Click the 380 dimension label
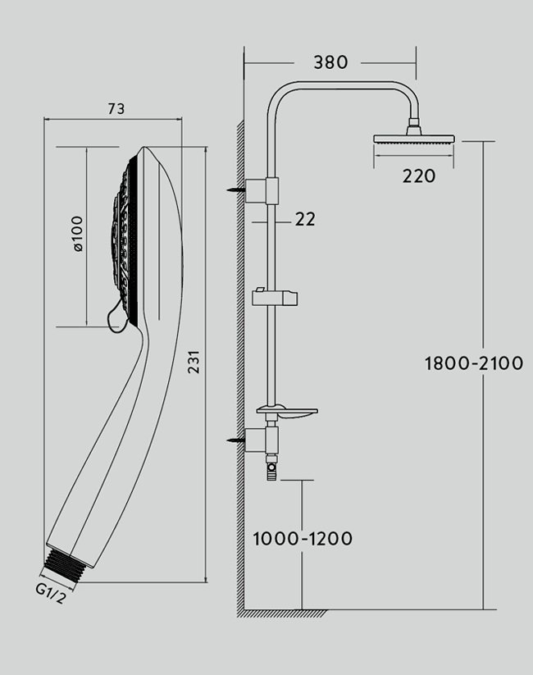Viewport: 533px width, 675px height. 330,62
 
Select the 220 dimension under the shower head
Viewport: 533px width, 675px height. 419,176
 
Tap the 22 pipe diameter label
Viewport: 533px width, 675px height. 304,219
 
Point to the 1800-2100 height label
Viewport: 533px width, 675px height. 473,363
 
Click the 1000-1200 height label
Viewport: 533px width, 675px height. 303,539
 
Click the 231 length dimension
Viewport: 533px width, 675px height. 194,360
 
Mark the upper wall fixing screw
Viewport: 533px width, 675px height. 235,189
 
